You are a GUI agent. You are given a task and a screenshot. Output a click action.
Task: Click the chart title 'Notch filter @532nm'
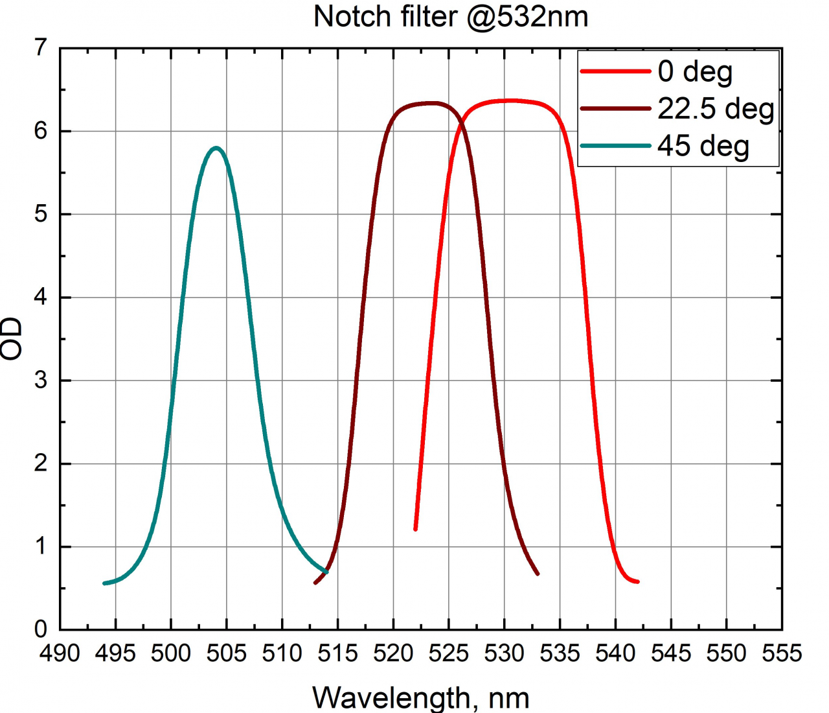point(451,16)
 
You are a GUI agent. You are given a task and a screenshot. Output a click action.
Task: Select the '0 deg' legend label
point(695,71)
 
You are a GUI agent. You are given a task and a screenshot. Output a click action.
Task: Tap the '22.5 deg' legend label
point(716,108)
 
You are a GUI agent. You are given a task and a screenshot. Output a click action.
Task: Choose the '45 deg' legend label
point(703,146)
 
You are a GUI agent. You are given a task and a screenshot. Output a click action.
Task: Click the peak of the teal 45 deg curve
point(216,148)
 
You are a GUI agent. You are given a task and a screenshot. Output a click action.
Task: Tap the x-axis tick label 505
point(227,653)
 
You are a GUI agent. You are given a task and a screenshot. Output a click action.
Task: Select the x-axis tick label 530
point(504,653)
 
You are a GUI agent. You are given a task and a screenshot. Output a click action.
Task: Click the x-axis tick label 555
point(782,653)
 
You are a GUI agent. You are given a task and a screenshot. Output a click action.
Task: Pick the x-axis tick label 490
point(60,653)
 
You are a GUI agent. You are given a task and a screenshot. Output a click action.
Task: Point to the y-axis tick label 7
point(41,48)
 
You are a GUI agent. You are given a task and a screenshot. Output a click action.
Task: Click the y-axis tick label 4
point(41,298)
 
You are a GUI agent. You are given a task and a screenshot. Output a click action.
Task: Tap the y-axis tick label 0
point(41,629)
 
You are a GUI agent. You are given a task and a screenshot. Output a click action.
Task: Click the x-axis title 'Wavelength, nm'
point(421,698)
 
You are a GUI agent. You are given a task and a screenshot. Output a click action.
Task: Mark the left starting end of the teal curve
point(105,583)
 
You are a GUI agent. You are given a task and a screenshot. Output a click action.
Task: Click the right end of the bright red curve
point(637,581)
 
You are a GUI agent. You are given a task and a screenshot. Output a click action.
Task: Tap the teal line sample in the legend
point(615,146)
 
